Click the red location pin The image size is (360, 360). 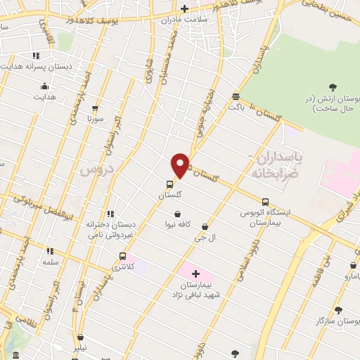(x=181, y=165)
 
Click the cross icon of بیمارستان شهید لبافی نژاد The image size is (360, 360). (x=195, y=273)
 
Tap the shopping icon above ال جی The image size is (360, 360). (x=205, y=227)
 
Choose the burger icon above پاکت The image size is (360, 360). (x=235, y=97)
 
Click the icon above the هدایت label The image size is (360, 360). (x=44, y=86)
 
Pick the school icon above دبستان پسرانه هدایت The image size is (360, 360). (x=36, y=56)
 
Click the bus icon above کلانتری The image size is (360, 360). (x=124, y=256)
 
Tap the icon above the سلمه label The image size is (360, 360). (x=49, y=250)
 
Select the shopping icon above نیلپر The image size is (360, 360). (x=82, y=337)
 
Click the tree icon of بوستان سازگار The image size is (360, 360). (x=338, y=309)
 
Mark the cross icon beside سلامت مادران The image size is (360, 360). (x=184, y=8)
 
